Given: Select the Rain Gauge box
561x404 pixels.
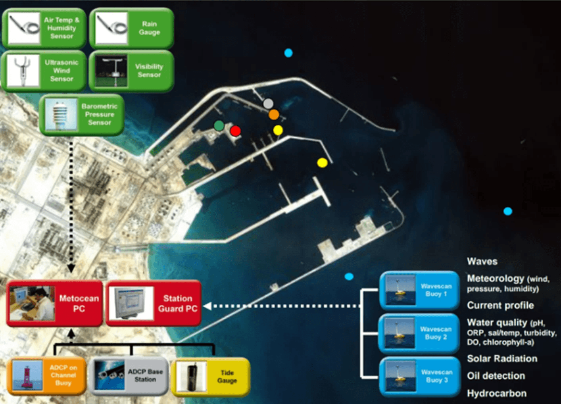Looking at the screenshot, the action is click(131, 28).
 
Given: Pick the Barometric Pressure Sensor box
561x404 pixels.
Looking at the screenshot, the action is click(82, 115).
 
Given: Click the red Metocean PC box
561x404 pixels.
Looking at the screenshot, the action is click(54, 304).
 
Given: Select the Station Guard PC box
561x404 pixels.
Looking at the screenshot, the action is click(154, 304).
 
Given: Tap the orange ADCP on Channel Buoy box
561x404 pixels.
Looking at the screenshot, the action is click(47, 376).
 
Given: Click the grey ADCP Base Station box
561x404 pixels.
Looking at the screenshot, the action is click(128, 376).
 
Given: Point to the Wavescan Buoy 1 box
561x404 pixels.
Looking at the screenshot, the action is click(419, 290).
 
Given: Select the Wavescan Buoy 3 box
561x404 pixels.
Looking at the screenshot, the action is click(419, 376).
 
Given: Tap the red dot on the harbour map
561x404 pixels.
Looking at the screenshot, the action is click(235, 131).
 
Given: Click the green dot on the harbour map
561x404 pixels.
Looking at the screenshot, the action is click(219, 126).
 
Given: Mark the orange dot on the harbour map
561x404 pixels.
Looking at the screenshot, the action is click(274, 115).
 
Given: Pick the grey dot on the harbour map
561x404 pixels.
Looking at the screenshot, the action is click(268, 104).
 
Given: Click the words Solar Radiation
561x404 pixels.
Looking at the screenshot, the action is click(502, 359).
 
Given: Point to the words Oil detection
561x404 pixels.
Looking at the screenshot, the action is click(496, 376).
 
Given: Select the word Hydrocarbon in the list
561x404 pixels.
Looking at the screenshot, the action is click(497, 393).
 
